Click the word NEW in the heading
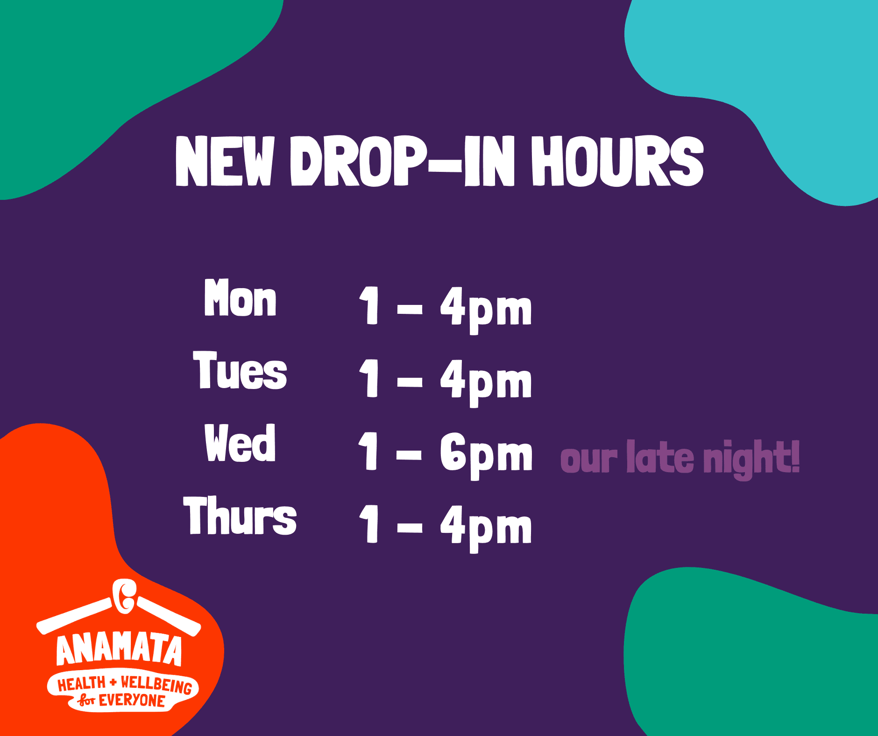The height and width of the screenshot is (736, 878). tap(225, 161)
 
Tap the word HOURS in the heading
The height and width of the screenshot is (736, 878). tap(617, 161)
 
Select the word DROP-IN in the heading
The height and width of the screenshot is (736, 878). tap(402, 161)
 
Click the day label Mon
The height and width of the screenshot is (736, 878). tap(240, 297)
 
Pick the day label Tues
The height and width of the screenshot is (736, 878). tap(240, 370)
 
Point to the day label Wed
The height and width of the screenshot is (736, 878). tap(240, 443)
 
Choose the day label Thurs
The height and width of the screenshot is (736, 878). tap(240, 515)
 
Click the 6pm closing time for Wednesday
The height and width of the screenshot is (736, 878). tap(486, 454)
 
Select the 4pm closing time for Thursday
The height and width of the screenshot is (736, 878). tap(486, 527)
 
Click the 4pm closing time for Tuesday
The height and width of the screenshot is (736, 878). tap(486, 382)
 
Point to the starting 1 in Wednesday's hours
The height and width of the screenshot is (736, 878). tap(369, 450)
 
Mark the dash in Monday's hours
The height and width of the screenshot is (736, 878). tap(410, 309)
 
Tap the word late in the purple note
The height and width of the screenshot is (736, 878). tap(660, 457)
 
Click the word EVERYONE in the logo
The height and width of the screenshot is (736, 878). tap(132, 701)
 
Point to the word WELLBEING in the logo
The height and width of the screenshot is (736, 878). tap(156, 685)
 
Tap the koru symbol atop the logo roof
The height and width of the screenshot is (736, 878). tap(124, 596)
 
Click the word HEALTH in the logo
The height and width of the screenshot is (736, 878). tap(82, 684)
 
